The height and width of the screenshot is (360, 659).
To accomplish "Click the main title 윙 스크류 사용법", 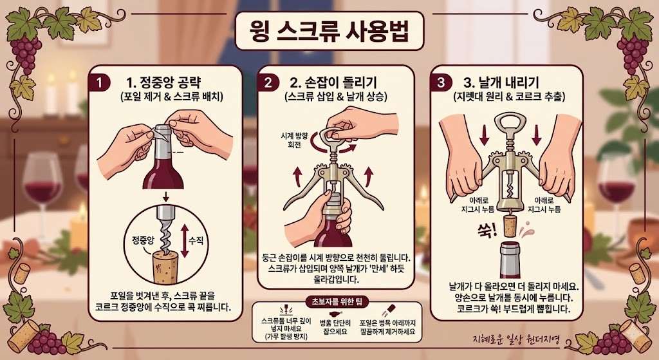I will point(328,31).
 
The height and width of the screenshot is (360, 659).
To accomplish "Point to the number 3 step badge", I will point(441,82).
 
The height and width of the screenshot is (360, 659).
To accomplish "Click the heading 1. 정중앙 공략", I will point(164,82).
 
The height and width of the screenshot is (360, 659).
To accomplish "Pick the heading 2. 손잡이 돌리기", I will point(333,82).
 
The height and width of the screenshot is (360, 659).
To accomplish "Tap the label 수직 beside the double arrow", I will point(196,240).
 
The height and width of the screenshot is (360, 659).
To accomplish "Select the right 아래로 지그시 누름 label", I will point(544,204).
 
